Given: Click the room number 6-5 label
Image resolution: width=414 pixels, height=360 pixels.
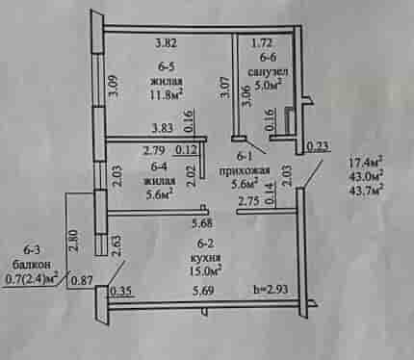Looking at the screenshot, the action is [x=167, y=66].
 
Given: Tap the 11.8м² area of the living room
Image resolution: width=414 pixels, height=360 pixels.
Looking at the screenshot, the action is [x=167, y=94].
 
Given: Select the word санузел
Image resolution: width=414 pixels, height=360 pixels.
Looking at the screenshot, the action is [x=268, y=72].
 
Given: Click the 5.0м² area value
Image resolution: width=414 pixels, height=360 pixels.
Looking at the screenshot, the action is [x=268, y=86].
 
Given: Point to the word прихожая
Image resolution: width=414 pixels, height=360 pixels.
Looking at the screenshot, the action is [x=244, y=170].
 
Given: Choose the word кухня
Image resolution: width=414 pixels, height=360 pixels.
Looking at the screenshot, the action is [x=205, y=257].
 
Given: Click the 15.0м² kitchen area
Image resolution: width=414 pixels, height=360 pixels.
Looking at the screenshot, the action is [x=206, y=270].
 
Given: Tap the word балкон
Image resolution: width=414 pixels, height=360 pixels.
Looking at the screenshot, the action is [x=31, y=265].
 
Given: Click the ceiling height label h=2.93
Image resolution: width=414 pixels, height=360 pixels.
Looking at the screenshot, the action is [x=271, y=290].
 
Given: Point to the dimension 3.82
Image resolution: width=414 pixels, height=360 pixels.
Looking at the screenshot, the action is [x=166, y=42].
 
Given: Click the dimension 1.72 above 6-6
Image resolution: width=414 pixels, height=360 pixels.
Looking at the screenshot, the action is [x=262, y=42].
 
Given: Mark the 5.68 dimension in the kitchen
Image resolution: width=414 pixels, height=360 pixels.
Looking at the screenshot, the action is [x=202, y=223].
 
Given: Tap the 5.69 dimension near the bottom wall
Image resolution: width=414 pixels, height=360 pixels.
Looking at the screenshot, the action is [x=203, y=291].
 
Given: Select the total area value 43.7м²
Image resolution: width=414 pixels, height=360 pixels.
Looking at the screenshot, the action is [x=366, y=189].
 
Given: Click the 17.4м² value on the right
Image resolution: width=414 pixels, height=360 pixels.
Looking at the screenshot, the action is [x=366, y=162].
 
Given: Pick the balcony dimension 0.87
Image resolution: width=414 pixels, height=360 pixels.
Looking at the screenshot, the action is [x=82, y=280].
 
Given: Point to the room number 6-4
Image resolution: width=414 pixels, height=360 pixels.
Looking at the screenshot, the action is [x=159, y=167].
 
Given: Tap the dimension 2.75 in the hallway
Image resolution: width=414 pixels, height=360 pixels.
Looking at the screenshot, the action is [x=248, y=202].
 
